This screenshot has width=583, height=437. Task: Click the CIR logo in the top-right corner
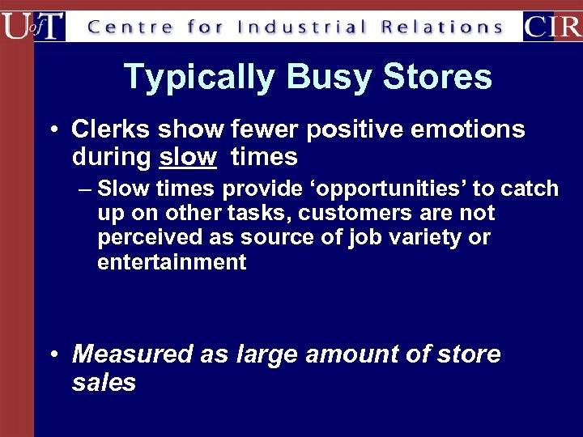(x=551, y=26)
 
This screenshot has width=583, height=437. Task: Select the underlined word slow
(x=188, y=157)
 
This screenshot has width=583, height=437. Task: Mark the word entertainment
(x=172, y=262)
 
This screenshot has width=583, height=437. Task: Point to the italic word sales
(x=104, y=383)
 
